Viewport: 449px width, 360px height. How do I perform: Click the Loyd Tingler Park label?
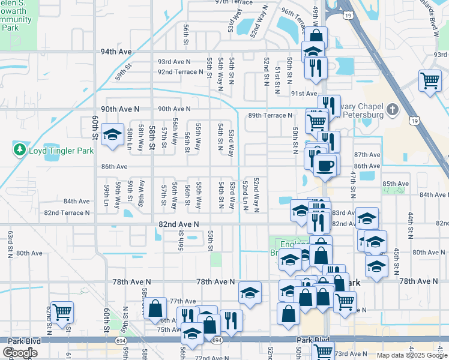click(61, 150)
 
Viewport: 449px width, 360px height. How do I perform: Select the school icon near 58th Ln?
click(112, 135)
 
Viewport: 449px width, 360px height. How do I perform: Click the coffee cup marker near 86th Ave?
click(325, 165)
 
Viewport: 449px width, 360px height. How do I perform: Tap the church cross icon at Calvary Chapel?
click(392, 109)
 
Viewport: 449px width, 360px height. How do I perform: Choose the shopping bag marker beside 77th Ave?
click(155, 308)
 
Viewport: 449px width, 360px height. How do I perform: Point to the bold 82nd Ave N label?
click(178, 224)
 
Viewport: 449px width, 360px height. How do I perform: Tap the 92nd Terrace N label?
click(181, 72)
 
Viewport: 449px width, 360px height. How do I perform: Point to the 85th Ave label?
click(395, 184)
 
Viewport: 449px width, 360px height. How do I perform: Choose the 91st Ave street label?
click(304, 94)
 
